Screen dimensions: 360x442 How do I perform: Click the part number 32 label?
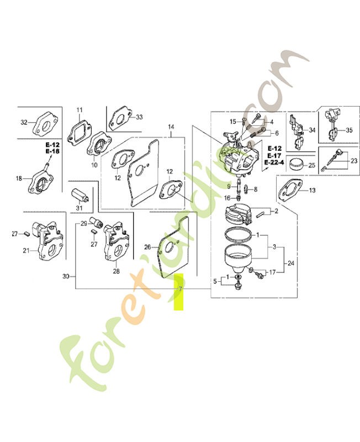coord(24,122)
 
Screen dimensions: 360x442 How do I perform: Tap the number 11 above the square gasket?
coord(80,109)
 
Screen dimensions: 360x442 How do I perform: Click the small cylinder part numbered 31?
coord(80,195)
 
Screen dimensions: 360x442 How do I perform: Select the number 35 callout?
coord(350,130)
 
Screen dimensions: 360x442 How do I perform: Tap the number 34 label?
coord(312,130)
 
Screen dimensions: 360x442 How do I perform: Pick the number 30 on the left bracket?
coord(66,277)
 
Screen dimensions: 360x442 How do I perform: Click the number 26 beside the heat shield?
coord(147,247)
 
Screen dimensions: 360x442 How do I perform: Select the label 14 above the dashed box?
coord(171,127)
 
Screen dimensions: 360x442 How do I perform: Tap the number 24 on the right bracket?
coord(291,264)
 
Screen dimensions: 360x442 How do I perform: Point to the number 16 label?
coord(227,198)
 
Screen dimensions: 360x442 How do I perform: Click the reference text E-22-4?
coord(274,162)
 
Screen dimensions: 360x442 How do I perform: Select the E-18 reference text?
coord(52,151)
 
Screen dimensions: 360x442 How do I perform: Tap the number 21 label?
coord(26,250)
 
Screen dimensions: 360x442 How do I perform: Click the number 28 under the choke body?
coord(116,271)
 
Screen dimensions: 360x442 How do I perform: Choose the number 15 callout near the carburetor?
coord(233,122)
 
